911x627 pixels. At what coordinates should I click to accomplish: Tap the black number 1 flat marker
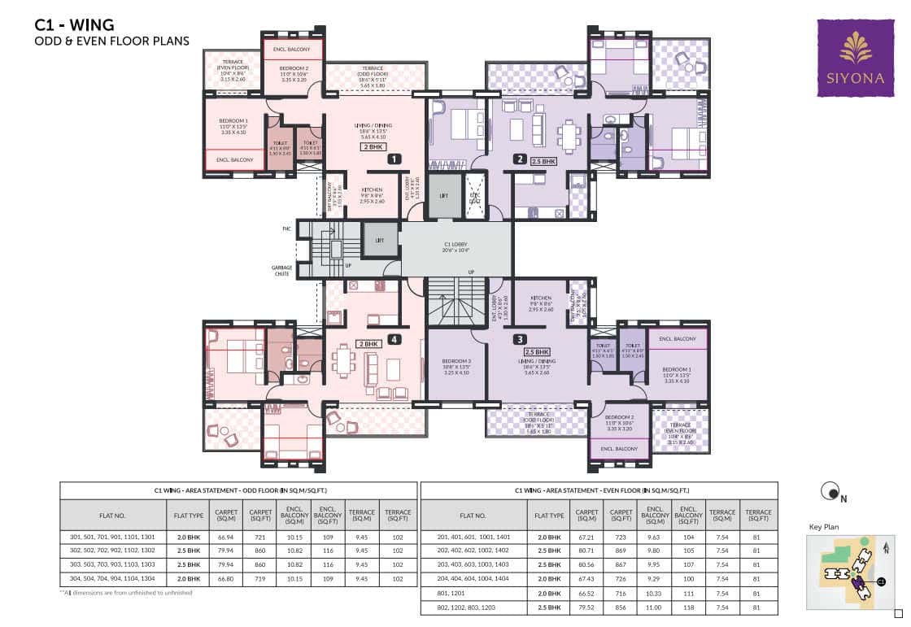tap(394, 159)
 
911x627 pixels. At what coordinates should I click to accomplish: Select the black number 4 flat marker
tap(394, 340)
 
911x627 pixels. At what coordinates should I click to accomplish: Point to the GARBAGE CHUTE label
tap(281, 270)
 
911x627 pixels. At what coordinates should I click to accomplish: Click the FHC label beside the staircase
tap(287, 229)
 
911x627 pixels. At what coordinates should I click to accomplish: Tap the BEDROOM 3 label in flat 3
tap(456, 363)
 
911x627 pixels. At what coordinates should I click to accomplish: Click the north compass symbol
tap(830, 490)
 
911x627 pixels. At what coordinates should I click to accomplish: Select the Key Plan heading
tap(823, 527)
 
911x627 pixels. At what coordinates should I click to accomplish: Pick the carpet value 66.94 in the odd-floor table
tap(226, 538)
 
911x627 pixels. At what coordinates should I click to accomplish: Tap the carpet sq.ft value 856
tap(621, 607)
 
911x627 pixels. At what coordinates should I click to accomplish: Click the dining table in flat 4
tap(345, 359)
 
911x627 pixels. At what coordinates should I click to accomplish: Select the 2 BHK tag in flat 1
tap(373, 147)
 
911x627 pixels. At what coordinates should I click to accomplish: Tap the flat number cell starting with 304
tap(114, 579)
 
